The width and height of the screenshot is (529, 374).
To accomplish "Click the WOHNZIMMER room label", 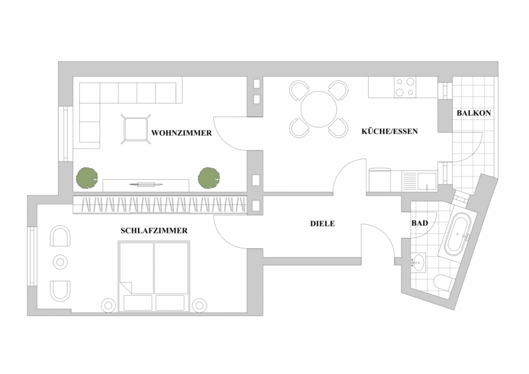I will click(182, 133).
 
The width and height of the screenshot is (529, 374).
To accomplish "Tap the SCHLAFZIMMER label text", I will click(154, 231).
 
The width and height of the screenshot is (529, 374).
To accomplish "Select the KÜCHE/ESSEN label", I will click(389, 132).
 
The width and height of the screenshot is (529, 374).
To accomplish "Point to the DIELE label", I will click(322, 223).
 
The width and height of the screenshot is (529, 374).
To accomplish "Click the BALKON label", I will click(474, 113).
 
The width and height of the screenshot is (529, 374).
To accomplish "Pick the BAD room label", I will click(419, 223).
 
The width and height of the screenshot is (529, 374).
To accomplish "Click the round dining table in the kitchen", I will click(319, 109).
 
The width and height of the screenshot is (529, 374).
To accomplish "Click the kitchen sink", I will click(425, 182).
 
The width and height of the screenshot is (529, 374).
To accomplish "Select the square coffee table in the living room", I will click(136, 129).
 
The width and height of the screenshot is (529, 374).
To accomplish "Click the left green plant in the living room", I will click(87, 178).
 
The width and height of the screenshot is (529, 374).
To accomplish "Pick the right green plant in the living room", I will click(209, 178).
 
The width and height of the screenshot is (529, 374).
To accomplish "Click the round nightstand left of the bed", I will click(108, 305).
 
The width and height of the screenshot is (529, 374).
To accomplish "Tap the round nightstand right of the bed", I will click(200, 305).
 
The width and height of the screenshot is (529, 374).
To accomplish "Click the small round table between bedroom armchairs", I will click(60, 262).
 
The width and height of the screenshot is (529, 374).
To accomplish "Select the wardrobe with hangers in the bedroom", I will click(160, 205).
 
